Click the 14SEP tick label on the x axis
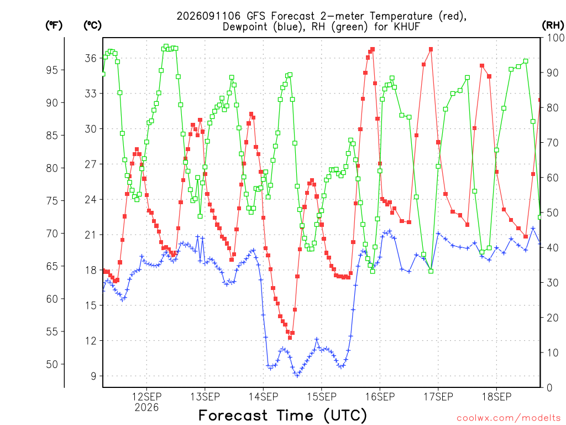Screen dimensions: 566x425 pos(263,397)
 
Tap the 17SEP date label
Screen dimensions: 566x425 pos(438,397)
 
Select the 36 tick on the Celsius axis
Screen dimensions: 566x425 pos(91,58)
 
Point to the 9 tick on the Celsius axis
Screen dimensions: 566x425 pos(93,376)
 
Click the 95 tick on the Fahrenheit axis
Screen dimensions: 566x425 pos(52,70)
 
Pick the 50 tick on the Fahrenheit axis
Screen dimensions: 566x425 pos(52,364)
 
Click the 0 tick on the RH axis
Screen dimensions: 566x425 pos(549,388)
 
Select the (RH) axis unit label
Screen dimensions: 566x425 pos(553,25)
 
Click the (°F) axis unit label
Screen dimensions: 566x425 pos(54,25)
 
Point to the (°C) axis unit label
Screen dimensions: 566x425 pos(92,25)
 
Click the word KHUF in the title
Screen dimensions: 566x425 pos(407,27)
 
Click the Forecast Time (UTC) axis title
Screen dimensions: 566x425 pos(282,415)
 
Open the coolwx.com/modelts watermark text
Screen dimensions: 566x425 pos(509,418)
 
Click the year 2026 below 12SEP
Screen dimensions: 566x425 pos(146,408)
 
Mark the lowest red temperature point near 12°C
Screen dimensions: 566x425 pos(290,338)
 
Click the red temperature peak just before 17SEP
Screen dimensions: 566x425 pos(431,49)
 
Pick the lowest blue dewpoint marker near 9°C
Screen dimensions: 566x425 pos(297,376)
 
